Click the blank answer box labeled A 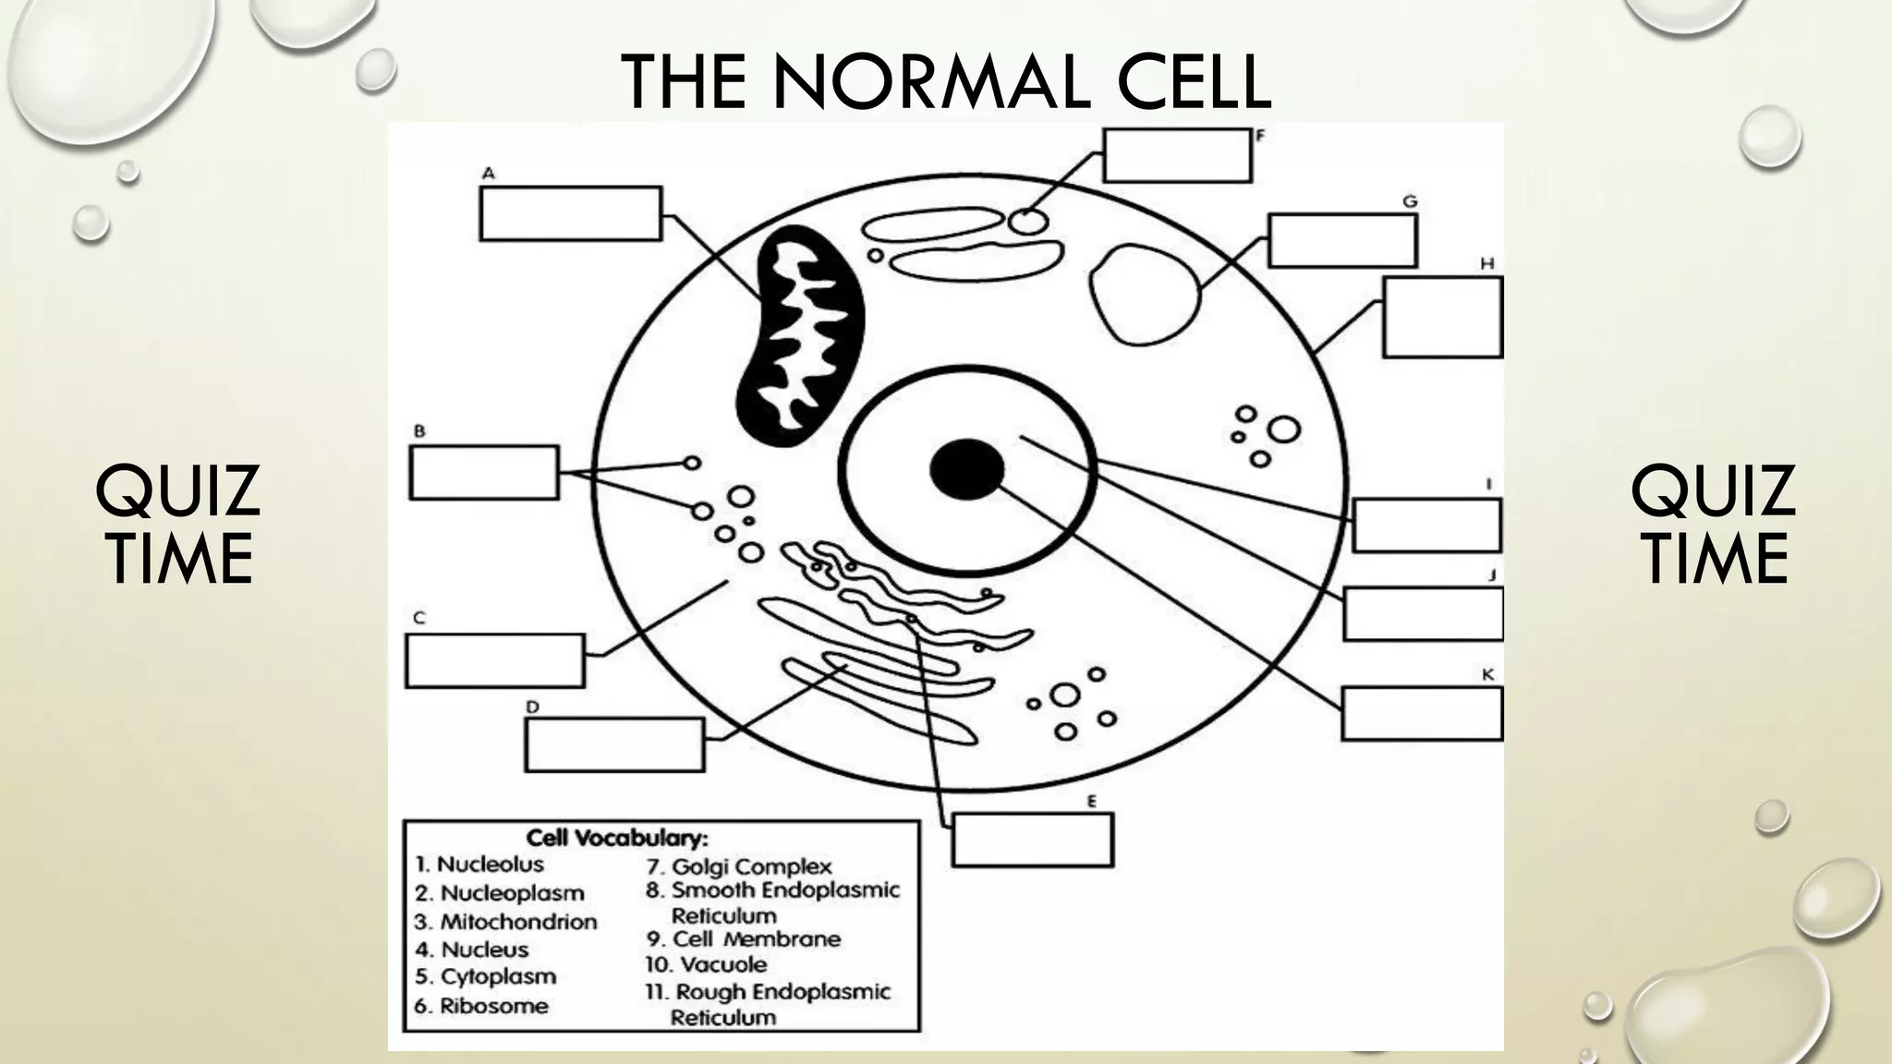pyautogui.click(x=570, y=213)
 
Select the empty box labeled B pyautogui.click(x=483, y=473)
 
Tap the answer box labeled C pyautogui.click(x=494, y=660)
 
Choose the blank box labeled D pyautogui.click(x=614, y=744)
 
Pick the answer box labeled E pyautogui.click(x=1032, y=840)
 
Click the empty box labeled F pyautogui.click(x=1177, y=155)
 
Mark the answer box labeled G pyautogui.click(x=1341, y=240)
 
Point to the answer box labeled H pyautogui.click(x=1441, y=317)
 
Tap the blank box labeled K pyautogui.click(x=1421, y=713)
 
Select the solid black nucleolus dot pyautogui.click(x=966, y=470)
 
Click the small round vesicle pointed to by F pyautogui.click(x=1027, y=222)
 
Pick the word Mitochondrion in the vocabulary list pyautogui.click(x=517, y=922)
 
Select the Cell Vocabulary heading pyautogui.click(x=617, y=838)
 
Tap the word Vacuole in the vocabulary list pyautogui.click(x=722, y=965)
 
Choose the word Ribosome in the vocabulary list pyautogui.click(x=492, y=1006)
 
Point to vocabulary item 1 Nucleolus pyautogui.click(x=490, y=864)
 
